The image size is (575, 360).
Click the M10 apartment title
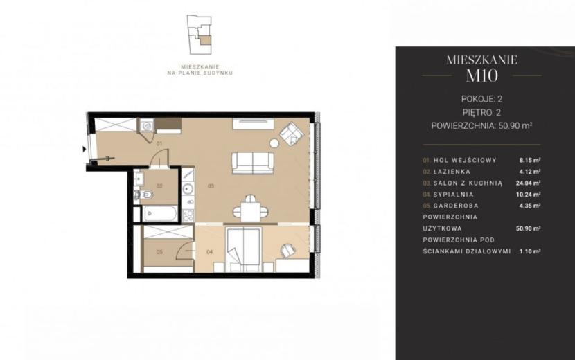click(482, 75)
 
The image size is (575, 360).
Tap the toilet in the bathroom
click(145, 195)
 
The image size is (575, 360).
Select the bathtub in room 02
click(160, 214)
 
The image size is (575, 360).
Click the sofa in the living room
click(253, 163)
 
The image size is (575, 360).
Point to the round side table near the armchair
click(274, 143)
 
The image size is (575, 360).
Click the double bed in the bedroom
click(244, 250)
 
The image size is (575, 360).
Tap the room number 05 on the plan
click(159, 252)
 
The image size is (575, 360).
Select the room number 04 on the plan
click(209, 252)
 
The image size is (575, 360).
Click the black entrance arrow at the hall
click(85, 150)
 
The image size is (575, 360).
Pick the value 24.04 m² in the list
click(528, 183)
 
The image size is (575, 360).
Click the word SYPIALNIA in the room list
click(453, 195)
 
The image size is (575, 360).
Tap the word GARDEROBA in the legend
click(456, 206)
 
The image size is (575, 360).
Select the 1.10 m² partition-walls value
click(530, 251)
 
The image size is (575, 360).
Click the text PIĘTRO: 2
click(482, 113)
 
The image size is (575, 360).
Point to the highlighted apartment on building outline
click(205, 41)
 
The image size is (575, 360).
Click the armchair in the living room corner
click(292, 134)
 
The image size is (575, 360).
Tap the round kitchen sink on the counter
click(188, 189)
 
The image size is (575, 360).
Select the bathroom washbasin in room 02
click(139, 179)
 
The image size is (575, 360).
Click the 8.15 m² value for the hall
click(530, 160)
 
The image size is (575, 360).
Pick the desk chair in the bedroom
click(288, 251)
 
